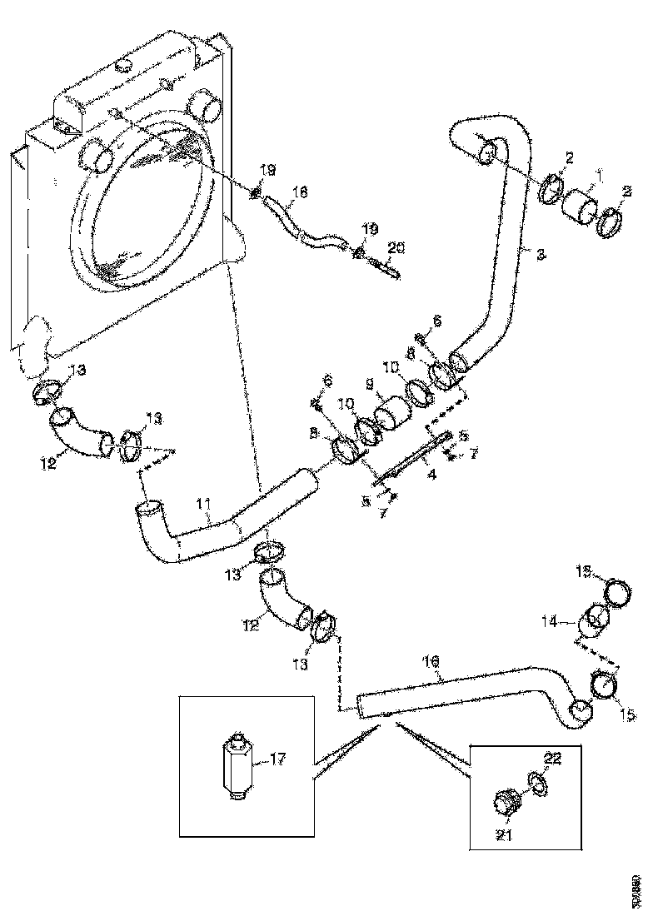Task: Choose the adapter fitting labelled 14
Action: tap(595, 620)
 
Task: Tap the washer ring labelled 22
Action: tap(537, 781)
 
